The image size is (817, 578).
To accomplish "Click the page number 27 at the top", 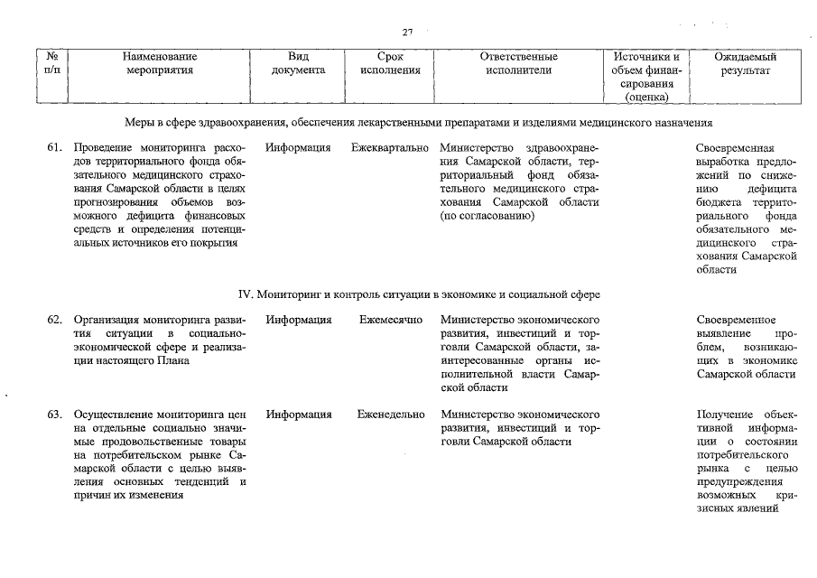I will tap(407, 33).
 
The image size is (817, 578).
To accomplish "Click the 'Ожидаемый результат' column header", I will tap(745, 62).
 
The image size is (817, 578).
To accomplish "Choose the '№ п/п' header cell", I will tap(51, 62).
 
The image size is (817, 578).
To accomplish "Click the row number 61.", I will tap(54, 147).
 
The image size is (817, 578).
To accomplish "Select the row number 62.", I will tap(54, 320).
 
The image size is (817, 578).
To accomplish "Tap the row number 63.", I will tap(54, 415).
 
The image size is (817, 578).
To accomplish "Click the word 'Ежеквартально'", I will tap(390, 147).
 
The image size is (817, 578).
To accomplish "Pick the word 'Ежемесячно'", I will tap(391, 320).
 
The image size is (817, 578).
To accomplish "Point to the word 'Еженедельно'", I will tap(391, 415).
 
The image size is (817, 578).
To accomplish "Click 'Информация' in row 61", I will tap(298, 147).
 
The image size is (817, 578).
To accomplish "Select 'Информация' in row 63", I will tap(298, 415).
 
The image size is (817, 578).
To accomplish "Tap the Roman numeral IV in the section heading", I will tap(244, 294).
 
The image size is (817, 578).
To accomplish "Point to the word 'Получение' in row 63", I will tap(723, 415).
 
